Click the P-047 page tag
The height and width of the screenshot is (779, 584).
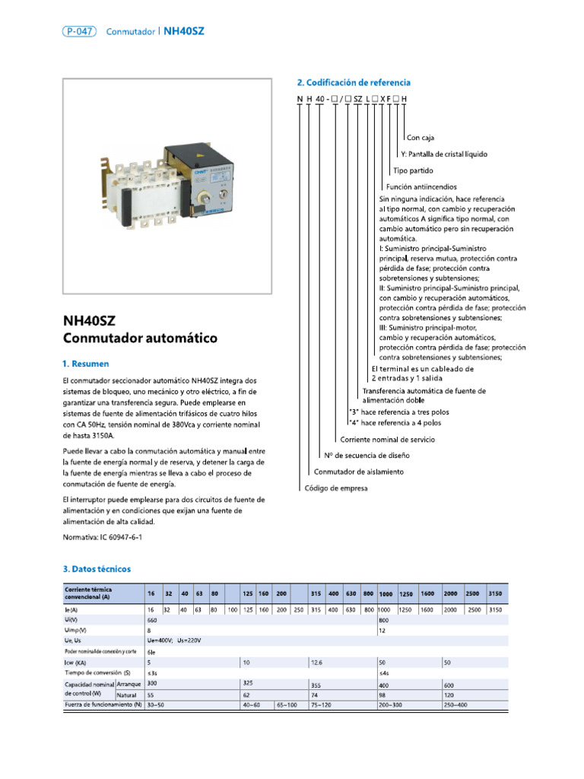pos(79,31)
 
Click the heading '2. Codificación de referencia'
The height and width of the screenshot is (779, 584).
pos(354,82)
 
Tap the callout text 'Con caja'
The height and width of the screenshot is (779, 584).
pos(421,138)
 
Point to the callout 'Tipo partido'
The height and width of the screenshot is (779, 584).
pos(412,170)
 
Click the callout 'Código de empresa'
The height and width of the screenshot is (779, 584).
pos(336,488)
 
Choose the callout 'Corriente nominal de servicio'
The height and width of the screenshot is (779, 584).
pos(387,440)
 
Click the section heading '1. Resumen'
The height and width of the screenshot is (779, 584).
pos(85,364)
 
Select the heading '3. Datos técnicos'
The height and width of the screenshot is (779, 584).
pos(97,568)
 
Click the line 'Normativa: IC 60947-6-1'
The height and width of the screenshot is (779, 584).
pos(102,537)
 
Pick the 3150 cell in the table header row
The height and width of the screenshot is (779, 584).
pos(497,593)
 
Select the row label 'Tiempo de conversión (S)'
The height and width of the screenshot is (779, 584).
pos(98,673)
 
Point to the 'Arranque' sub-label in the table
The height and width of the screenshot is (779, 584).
pos(129,684)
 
